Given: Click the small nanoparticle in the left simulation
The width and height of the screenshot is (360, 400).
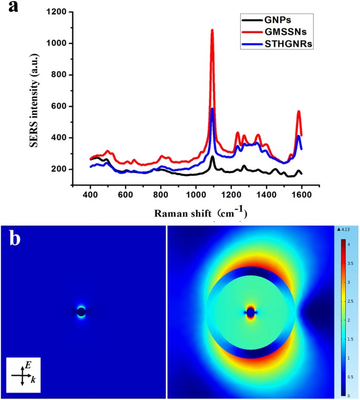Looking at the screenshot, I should pos(81,312).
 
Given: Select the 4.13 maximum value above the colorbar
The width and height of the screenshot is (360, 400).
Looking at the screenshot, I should pos(346,229).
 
